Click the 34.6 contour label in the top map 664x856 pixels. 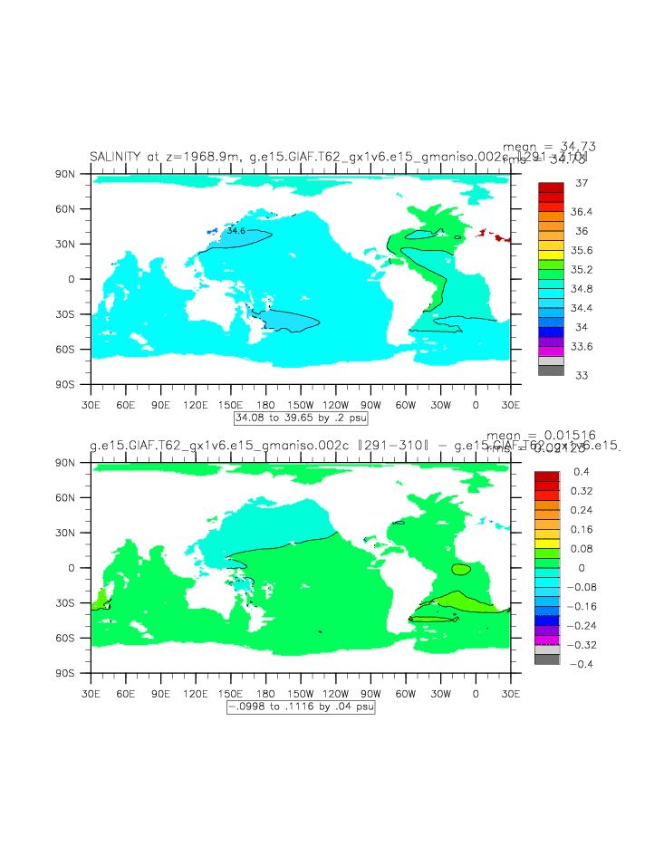click(x=236, y=231)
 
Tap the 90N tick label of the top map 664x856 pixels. click(x=75, y=173)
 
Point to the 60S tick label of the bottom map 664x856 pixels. click(x=75, y=639)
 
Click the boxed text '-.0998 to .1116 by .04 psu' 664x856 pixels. click(x=300, y=707)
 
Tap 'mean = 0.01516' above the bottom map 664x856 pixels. click(x=541, y=436)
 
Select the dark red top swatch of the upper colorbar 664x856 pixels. click(x=551, y=188)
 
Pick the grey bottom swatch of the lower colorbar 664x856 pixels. click(x=547, y=659)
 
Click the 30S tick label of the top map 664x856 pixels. click(x=75, y=314)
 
